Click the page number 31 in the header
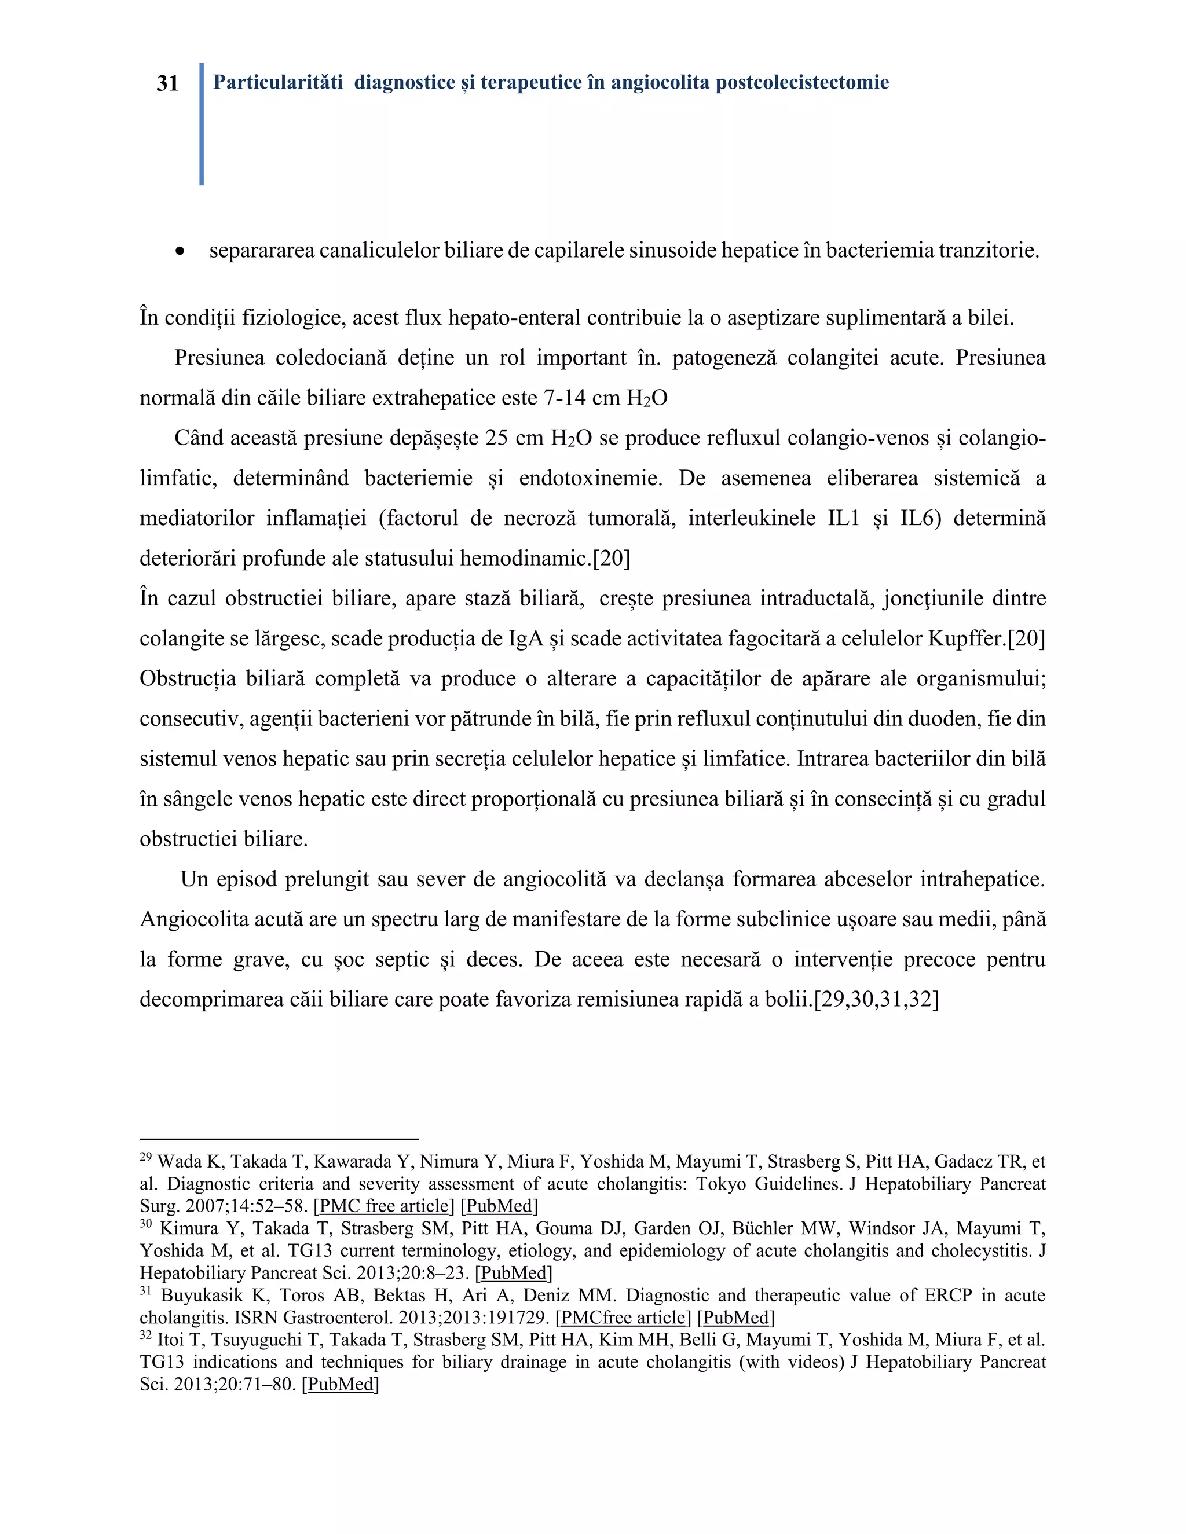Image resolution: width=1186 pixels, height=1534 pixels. tap(167, 83)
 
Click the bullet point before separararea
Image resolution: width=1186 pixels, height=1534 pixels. tap(181, 251)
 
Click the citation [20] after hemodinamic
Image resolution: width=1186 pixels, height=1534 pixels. tap(612, 559)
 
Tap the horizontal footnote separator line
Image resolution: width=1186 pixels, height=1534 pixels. tap(279, 1139)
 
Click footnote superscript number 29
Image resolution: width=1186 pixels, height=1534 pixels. tap(145, 1157)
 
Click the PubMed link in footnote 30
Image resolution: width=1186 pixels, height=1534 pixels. tap(514, 1273)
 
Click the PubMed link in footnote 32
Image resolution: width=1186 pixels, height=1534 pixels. tap(340, 1385)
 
